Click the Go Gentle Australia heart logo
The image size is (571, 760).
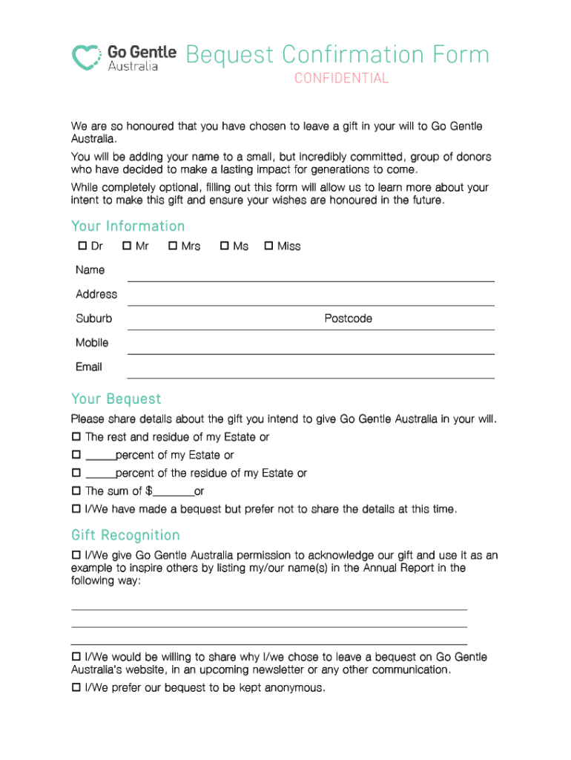(x=87, y=57)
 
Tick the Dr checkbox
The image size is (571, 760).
(x=82, y=246)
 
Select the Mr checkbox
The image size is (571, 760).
(x=127, y=246)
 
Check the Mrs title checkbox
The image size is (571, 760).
(x=173, y=246)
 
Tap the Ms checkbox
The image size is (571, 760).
(x=224, y=246)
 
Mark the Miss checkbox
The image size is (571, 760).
(x=268, y=246)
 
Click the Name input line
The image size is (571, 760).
(x=311, y=274)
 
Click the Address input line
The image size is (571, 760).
(x=311, y=298)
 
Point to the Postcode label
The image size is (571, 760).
(x=348, y=318)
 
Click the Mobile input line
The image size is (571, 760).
(x=311, y=347)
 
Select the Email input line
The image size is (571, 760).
(x=311, y=370)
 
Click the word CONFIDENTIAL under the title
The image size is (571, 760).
(x=341, y=79)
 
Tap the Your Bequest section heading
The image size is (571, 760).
(x=116, y=399)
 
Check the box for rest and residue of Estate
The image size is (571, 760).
(x=76, y=437)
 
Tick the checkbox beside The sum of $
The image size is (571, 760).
(x=76, y=491)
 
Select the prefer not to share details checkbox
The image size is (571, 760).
(x=76, y=509)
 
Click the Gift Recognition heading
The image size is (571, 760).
(x=125, y=535)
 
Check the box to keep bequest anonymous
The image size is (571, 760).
(x=76, y=688)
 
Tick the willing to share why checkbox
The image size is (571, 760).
(x=76, y=658)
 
